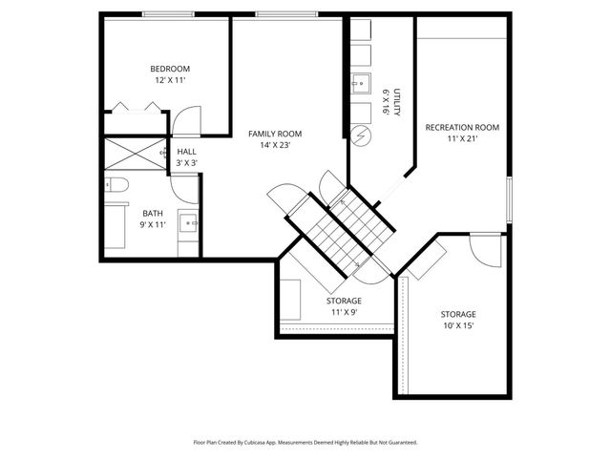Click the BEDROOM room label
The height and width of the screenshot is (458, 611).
coord(170,69)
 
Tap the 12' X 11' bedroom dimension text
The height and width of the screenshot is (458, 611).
coord(170,81)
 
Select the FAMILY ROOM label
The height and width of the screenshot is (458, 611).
coord(275,134)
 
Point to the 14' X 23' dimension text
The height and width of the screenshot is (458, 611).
coord(275,147)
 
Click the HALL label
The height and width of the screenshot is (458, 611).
coord(186,152)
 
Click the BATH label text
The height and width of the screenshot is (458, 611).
coord(153,213)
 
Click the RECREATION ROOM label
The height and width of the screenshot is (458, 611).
coord(462,127)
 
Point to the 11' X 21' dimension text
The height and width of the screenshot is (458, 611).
coord(462,139)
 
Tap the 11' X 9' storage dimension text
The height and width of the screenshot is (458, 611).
coord(344,312)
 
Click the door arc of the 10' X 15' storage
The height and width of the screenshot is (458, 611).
coord(487,248)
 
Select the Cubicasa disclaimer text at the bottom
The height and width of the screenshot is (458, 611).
coord(305,442)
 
